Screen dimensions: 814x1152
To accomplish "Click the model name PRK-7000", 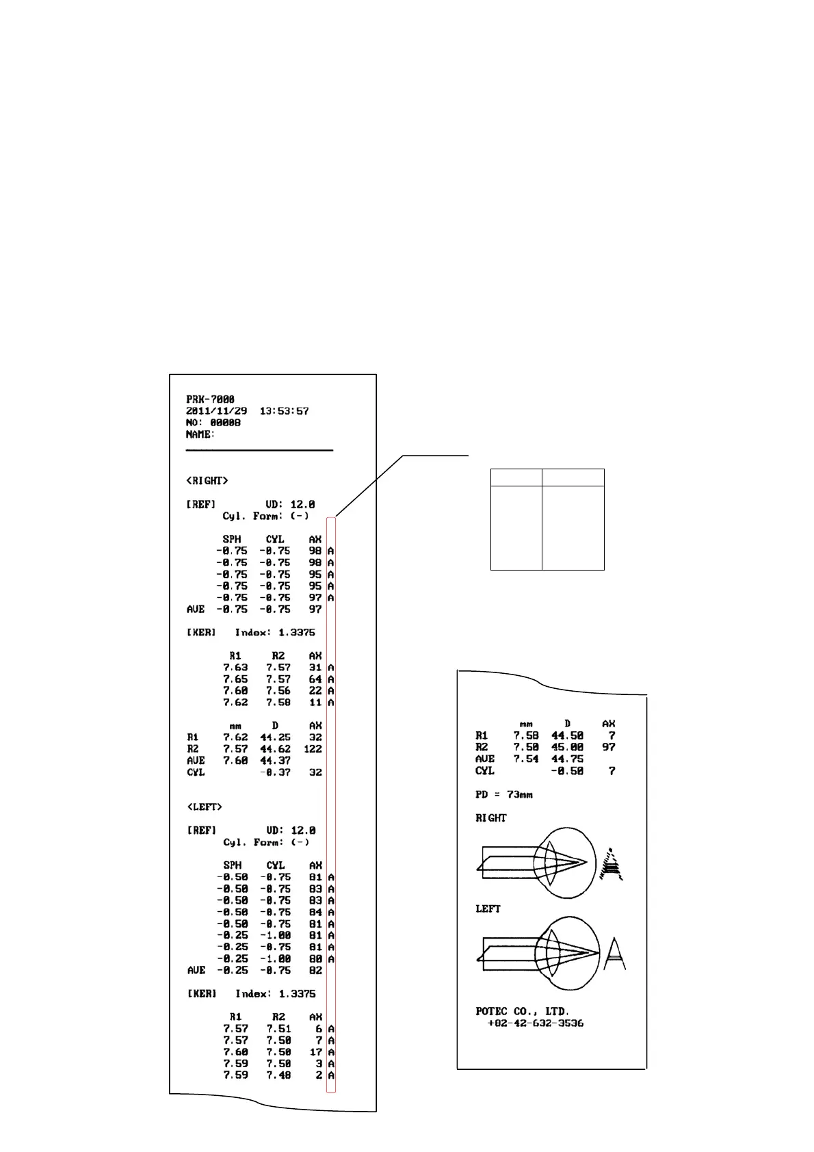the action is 210,400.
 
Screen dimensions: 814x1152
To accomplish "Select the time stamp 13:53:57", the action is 284,411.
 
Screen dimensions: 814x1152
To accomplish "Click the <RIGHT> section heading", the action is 207,481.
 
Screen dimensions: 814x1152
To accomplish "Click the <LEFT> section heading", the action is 205,807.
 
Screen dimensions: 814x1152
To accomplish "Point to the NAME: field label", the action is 200,434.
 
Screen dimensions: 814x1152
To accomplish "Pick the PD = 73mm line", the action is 504,795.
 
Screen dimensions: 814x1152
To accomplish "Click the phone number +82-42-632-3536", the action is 536,1023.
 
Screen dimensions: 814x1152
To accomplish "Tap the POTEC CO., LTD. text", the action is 523,1011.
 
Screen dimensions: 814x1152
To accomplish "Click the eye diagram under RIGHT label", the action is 534,864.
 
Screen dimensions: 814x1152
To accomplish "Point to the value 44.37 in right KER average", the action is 275,761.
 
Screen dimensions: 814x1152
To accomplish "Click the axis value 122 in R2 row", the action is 313,749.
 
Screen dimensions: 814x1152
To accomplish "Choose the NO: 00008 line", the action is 213,423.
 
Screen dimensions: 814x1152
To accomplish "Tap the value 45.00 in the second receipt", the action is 567,748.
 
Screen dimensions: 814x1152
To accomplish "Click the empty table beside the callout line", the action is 547,519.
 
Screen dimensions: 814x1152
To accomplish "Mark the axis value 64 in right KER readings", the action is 315,679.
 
